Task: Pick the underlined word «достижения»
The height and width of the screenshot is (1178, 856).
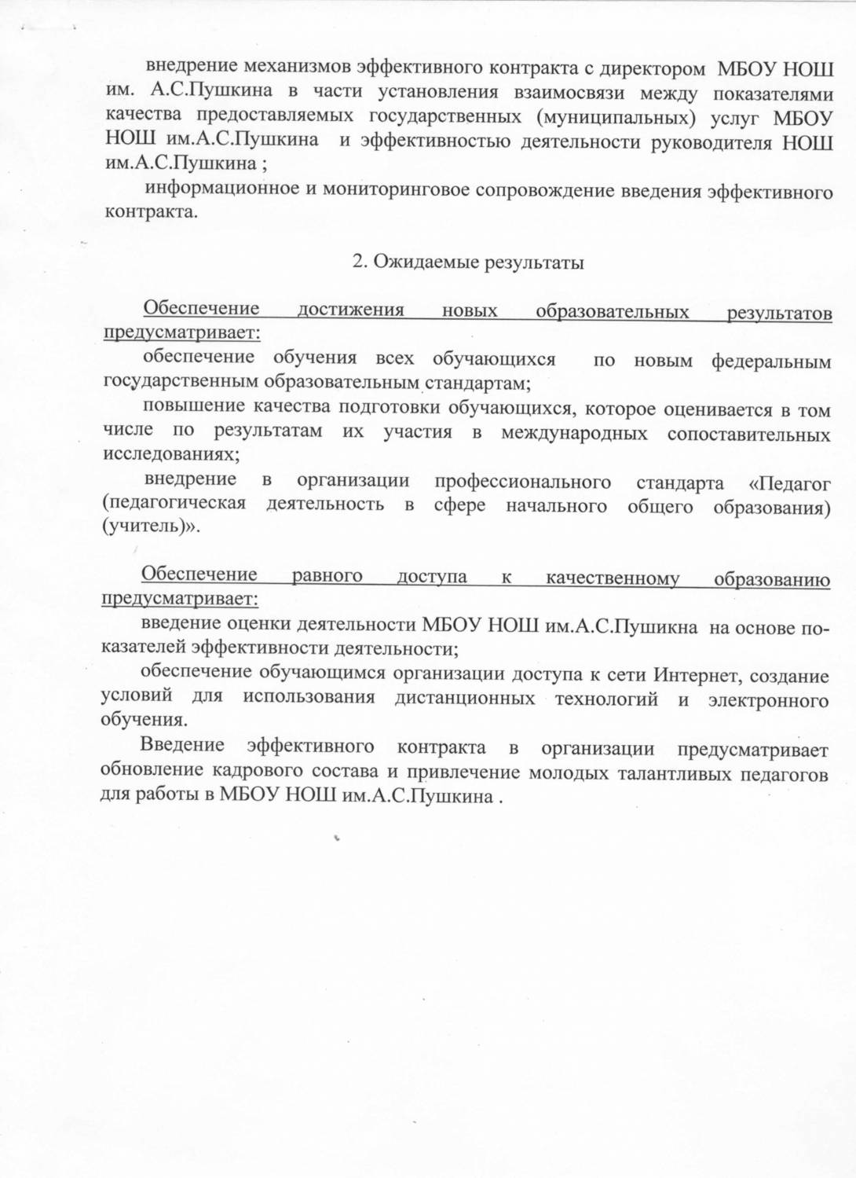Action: [x=350, y=310]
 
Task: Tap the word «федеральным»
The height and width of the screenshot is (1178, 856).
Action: [x=770, y=361]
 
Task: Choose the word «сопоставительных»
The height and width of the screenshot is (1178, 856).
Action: [x=748, y=434]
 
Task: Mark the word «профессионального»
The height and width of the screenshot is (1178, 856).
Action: [x=523, y=481]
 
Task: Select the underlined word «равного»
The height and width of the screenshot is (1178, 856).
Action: [x=327, y=575]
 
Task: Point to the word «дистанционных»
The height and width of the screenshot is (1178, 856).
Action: [x=466, y=699]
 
